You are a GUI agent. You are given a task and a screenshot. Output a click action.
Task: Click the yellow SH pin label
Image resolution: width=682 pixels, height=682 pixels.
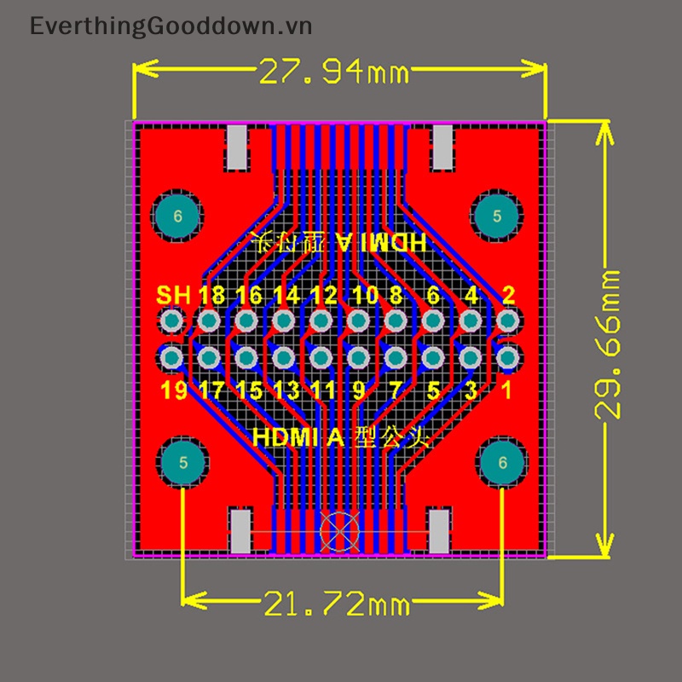pyautogui.click(x=173, y=296)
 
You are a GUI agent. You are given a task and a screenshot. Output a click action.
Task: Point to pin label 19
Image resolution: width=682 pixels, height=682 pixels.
pyautogui.click(x=173, y=391)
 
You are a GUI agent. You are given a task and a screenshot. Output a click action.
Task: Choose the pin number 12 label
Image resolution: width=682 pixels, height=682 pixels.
pyautogui.click(x=323, y=296)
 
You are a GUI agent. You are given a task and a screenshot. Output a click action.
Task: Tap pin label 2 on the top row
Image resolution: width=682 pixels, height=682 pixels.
pyautogui.click(x=508, y=296)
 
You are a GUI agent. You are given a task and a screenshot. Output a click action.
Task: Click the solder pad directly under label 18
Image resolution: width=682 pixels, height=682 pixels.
pyautogui.click(x=209, y=321)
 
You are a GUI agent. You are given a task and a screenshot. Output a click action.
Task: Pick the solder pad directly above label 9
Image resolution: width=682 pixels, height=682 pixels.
pyautogui.click(x=358, y=356)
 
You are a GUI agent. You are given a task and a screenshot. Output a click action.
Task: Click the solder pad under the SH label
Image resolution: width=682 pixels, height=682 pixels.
pyautogui.click(x=172, y=321)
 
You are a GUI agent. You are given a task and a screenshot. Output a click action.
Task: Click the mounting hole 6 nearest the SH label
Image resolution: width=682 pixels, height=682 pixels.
pyautogui.click(x=177, y=217)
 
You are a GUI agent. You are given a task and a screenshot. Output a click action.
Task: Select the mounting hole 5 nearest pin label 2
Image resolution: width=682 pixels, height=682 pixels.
pyautogui.click(x=497, y=217)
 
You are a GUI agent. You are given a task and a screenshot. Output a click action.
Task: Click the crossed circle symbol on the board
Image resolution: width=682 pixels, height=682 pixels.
pyautogui.click(x=337, y=530)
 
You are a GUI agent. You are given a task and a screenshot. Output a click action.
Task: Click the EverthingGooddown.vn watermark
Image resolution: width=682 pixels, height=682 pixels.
pyautogui.click(x=170, y=26)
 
